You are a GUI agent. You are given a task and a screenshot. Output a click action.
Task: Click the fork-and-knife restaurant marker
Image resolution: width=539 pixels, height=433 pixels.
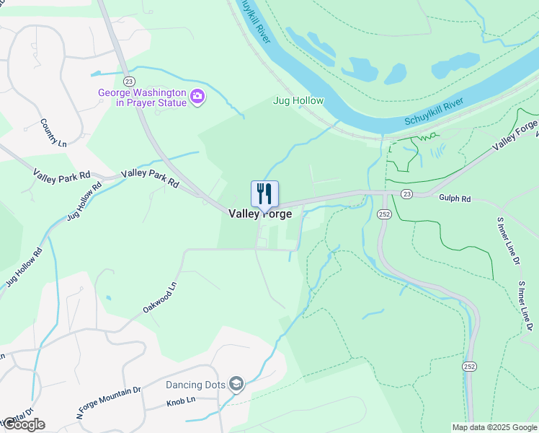264,194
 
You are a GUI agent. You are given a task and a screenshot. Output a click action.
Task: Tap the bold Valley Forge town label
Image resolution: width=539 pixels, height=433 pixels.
260,214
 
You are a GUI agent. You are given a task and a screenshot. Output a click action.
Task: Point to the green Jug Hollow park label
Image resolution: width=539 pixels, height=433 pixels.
298,101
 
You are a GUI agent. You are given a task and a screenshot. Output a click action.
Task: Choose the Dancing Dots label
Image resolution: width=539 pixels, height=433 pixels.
195,385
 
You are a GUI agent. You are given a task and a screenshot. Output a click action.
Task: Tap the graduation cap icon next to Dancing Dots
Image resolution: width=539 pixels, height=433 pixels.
236,384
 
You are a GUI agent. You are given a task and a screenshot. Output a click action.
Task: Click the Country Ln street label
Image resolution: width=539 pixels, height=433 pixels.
53,133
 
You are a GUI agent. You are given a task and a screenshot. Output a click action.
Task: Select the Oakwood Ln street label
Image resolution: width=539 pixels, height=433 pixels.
159,297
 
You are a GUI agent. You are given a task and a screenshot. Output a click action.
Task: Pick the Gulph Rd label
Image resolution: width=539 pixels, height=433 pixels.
455,198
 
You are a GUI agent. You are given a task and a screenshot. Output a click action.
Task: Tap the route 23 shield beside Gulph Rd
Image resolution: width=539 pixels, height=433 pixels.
407,194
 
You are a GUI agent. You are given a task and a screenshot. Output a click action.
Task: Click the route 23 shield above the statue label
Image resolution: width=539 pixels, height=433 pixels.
129,81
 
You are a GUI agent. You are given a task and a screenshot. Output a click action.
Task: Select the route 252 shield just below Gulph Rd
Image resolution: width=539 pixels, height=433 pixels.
384,214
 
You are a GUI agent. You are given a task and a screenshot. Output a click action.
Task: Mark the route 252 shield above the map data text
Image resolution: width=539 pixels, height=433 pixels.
469,367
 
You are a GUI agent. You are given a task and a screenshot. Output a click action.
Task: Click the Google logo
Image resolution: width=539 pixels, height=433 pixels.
23,424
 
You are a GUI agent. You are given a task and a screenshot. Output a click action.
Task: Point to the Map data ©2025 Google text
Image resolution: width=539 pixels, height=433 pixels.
494,427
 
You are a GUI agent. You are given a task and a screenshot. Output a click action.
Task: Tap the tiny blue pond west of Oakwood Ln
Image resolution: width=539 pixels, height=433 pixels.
108,297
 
